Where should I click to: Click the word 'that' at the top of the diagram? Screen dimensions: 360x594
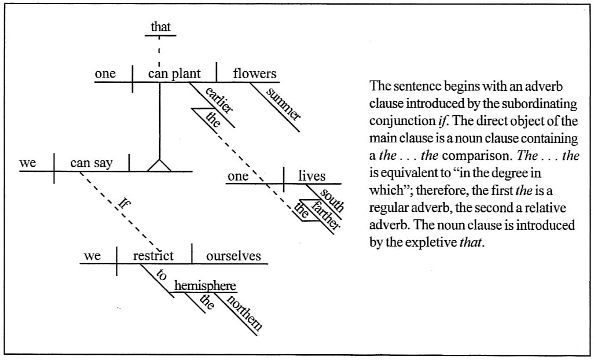[x=162, y=27]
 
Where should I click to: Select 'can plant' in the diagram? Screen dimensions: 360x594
[x=174, y=74]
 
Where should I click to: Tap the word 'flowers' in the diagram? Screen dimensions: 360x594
[x=254, y=74]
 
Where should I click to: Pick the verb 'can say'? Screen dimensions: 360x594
[x=91, y=163]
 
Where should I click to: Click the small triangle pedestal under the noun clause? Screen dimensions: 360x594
[x=159, y=166]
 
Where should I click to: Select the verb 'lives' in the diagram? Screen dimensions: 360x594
[x=312, y=177]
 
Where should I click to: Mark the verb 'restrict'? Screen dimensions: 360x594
[x=153, y=256]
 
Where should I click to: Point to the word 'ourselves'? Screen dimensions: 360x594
[x=233, y=256]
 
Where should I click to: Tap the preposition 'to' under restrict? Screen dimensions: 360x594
[x=162, y=277]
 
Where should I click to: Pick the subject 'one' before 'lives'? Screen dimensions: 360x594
[x=237, y=177]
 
